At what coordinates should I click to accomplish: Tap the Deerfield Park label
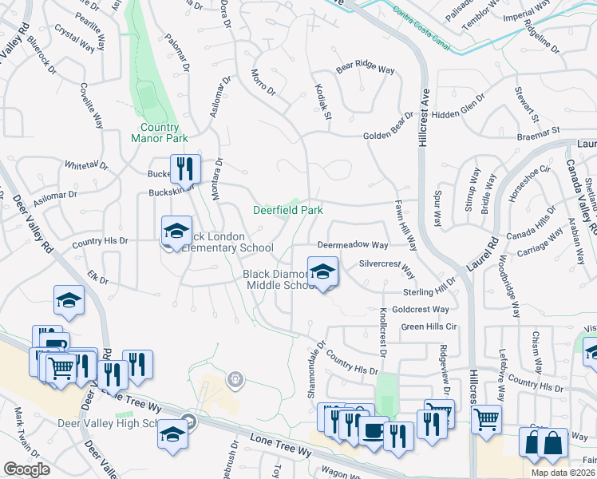(288, 211)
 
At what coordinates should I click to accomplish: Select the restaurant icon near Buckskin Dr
(185, 168)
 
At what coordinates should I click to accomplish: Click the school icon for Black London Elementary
(176, 232)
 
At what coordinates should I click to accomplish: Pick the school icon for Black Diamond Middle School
(322, 272)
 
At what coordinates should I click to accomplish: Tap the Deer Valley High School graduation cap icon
(172, 436)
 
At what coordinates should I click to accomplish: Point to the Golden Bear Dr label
(389, 129)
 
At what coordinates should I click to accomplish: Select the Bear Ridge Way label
(366, 69)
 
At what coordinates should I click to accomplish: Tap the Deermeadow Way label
(353, 245)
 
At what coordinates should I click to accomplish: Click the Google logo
(26, 470)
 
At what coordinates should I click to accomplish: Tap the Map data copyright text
(563, 473)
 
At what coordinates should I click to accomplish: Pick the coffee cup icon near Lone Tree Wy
(372, 430)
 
